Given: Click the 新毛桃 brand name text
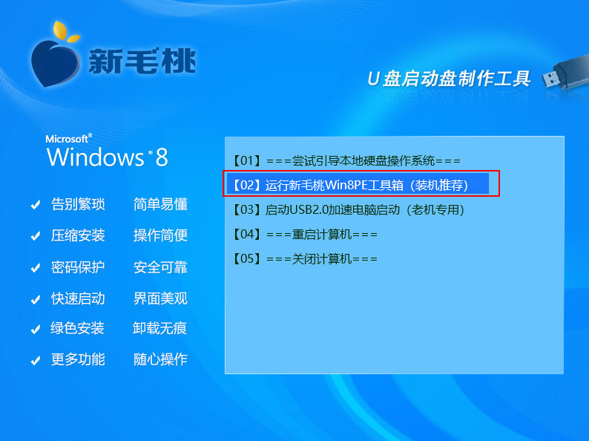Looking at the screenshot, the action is click(142, 61).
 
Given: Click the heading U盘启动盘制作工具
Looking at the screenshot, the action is click(449, 79).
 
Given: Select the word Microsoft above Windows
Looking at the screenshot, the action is click(68, 139).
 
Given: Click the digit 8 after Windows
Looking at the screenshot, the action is click(162, 157).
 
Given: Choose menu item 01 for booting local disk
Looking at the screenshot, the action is click(346, 161).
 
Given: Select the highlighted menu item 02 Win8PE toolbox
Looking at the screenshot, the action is click(350, 185).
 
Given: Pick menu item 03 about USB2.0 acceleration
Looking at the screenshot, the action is click(348, 210).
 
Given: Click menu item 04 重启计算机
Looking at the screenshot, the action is click(305, 234).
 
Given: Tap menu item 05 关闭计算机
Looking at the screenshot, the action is click(305, 258).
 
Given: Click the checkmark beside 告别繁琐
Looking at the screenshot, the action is click(36, 205).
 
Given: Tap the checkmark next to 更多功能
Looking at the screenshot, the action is click(36, 361).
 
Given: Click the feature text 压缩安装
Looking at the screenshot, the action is click(78, 236).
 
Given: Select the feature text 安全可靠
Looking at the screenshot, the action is click(160, 267).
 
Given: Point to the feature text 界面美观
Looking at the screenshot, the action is click(160, 298).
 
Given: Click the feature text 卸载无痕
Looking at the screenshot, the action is click(159, 328).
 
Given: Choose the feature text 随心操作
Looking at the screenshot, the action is click(160, 359).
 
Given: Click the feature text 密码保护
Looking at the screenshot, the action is click(78, 267).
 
